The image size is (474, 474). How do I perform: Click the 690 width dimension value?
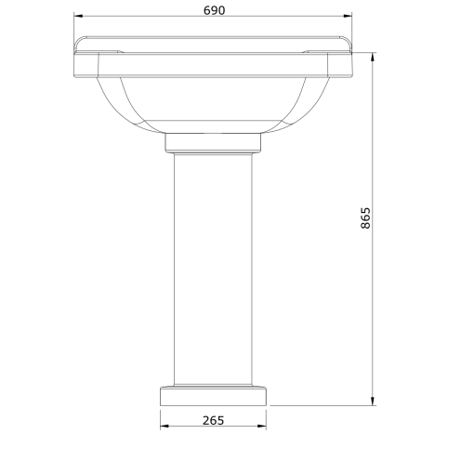click(x=213, y=8)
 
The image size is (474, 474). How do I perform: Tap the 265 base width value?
click(x=213, y=419)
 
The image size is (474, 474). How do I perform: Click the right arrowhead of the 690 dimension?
click(x=349, y=17)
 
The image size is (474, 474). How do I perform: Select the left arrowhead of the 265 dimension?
click(x=164, y=428)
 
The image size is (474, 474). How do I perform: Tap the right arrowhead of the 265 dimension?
click(x=264, y=428)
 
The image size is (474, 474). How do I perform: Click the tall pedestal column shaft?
click(x=213, y=270)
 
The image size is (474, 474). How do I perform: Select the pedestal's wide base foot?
click(x=213, y=396)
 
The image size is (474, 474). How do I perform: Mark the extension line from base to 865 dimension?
click(x=321, y=405)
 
